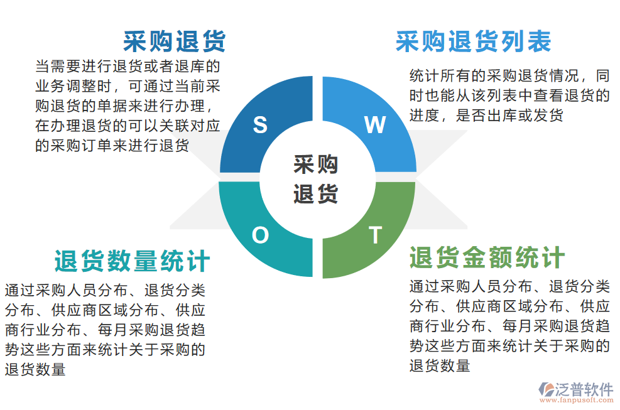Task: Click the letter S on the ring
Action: (x=260, y=126)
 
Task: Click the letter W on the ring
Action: (x=375, y=126)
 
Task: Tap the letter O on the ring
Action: (x=260, y=235)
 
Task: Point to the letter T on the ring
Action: (x=375, y=235)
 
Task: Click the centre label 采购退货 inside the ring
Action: (x=316, y=180)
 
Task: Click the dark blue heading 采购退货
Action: (x=174, y=41)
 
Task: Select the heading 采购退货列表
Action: (x=473, y=41)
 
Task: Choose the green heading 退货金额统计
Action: (x=487, y=257)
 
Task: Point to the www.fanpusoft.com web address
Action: (x=576, y=400)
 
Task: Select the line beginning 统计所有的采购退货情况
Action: (x=509, y=77)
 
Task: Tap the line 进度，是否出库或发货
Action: (x=486, y=116)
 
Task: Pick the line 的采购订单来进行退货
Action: (x=112, y=146)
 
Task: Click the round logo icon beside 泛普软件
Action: (x=546, y=389)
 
